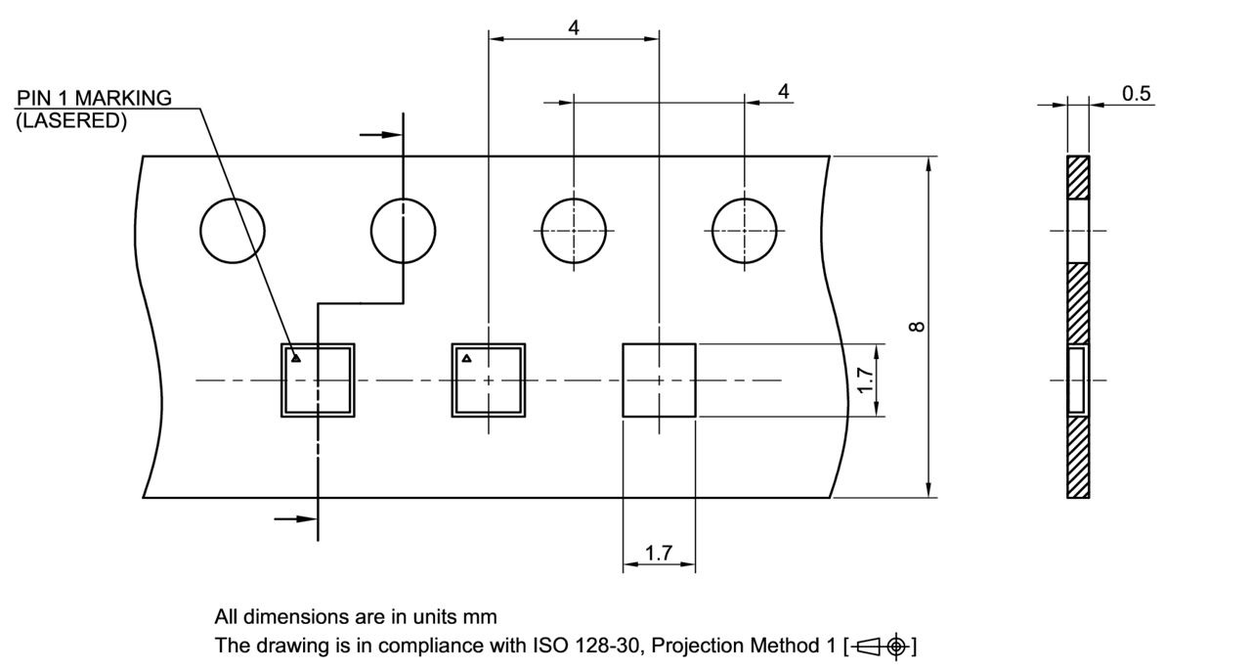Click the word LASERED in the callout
(71, 121)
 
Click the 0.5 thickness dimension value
(1137, 94)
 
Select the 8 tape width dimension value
(917, 326)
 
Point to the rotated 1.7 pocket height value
(864, 380)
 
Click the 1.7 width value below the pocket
(659, 553)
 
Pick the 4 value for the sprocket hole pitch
(783, 91)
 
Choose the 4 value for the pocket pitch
(574, 27)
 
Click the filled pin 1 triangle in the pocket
(296, 358)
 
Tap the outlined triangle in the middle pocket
(467, 358)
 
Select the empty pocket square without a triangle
(660, 380)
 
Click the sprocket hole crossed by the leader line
(233, 230)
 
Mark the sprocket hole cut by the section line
(403, 230)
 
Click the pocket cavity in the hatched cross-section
(1077, 380)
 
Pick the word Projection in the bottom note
(712, 647)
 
